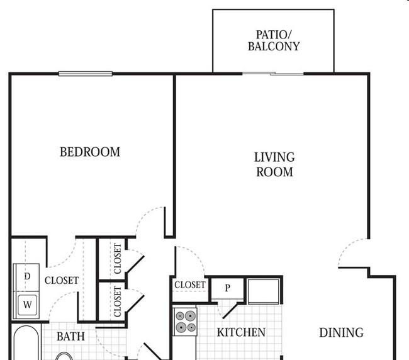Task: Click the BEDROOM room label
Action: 90,152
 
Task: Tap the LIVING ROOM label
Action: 274,165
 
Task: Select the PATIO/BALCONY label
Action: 274,40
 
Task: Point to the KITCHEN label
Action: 241,332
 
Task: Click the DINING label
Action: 342,332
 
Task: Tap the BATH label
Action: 70,337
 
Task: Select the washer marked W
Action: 26,305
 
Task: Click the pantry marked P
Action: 227,288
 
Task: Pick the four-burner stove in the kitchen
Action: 186,322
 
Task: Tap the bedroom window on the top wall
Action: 86,74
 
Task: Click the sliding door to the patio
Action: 273,74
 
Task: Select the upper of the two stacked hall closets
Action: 111,259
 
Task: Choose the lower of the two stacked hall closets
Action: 111,301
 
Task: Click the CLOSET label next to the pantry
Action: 190,284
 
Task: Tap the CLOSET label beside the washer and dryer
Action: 62,281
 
